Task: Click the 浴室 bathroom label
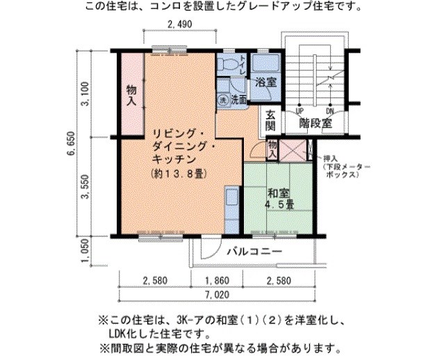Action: [265, 82]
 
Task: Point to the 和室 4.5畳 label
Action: [279, 199]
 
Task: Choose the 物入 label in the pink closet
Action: [131, 95]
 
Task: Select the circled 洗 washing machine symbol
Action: [224, 99]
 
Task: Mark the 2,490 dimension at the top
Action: [179, 24]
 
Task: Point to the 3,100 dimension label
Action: [85, 93]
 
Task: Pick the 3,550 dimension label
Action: [85, 188]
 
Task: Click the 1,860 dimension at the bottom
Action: [217, 280]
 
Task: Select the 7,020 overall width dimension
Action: [217, 295]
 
